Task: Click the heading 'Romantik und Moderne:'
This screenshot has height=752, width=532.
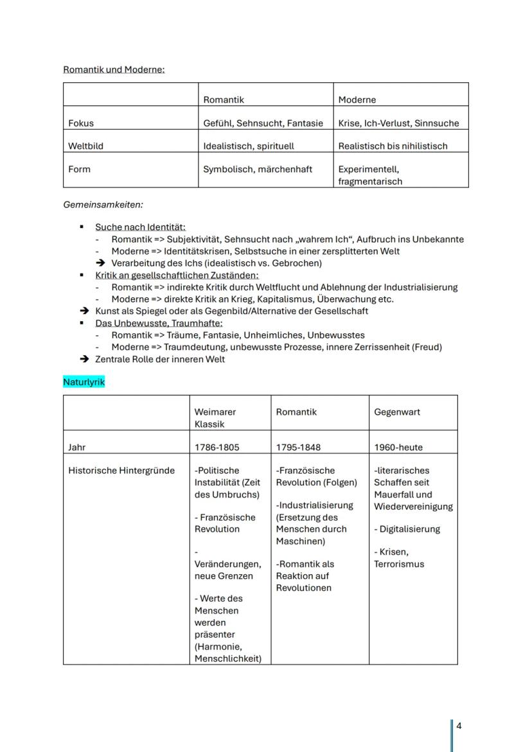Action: click(x=114, y=69)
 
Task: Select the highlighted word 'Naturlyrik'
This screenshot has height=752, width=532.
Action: click(x=84, y=382)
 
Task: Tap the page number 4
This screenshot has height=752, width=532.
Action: click(x=459, y=726)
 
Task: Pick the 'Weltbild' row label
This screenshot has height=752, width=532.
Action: click(x=85, y=146)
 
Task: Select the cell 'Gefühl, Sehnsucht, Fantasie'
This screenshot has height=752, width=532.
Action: click(x=263, y=123)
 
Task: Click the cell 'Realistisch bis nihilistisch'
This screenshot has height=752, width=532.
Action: click(x=393, y=146)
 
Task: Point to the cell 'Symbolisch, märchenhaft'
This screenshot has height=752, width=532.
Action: click(x=258, y=169)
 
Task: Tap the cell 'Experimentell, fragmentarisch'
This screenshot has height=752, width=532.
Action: click(x=370, y=175)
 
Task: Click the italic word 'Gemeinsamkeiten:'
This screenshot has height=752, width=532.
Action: click(x=103, y=205)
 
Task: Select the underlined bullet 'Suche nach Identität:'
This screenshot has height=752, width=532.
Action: click(x=140, y=227)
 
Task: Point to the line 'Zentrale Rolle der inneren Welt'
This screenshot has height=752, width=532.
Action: click(x=160, y=359)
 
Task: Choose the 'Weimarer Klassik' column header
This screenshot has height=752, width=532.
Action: click(x=215, y=418)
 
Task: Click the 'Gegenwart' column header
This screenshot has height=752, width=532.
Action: click(x=397, y=412)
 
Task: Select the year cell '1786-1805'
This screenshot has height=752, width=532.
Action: click(x=217, y=447)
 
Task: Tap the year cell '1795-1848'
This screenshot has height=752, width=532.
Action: click(x=298, y=447)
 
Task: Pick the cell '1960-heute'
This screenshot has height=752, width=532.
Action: click(x=398, y=447)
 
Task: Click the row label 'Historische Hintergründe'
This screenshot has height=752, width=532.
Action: click(x=121, y=470)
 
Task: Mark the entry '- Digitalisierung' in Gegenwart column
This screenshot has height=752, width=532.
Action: click(x=407, y=529)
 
